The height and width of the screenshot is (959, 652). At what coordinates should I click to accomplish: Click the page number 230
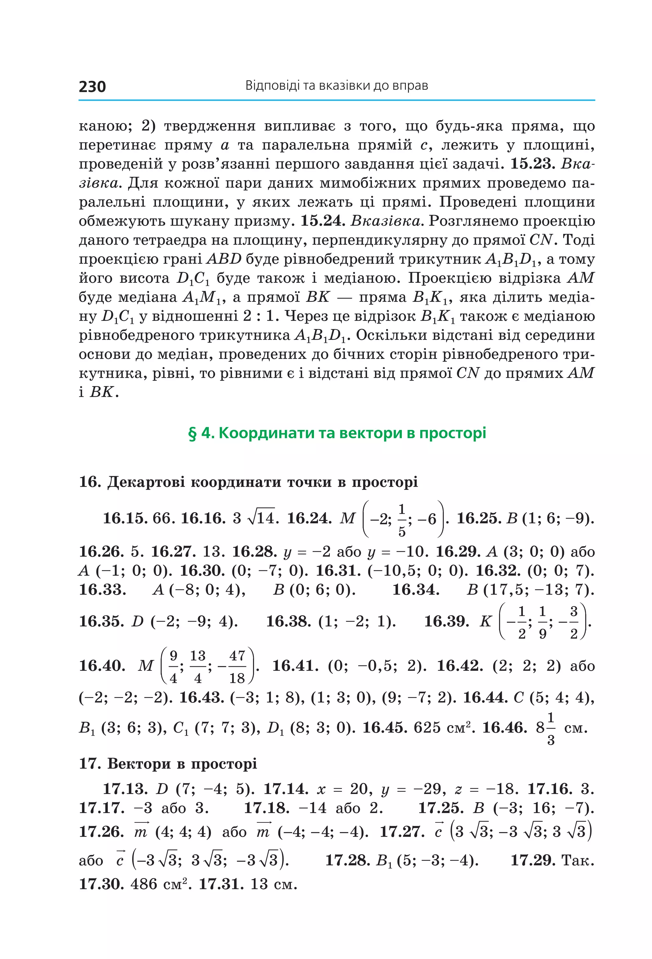(x=92, y=87)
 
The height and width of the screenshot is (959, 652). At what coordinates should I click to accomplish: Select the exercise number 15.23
(x=532, y=164)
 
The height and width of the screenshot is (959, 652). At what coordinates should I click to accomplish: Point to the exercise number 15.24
(x=322, y=221)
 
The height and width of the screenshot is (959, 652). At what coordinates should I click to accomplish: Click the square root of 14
(x=263, y=518)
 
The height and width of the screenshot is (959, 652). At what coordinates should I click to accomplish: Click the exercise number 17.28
(x=348, y=860)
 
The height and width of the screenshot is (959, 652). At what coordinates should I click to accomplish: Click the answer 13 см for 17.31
(x=273, y=884)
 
